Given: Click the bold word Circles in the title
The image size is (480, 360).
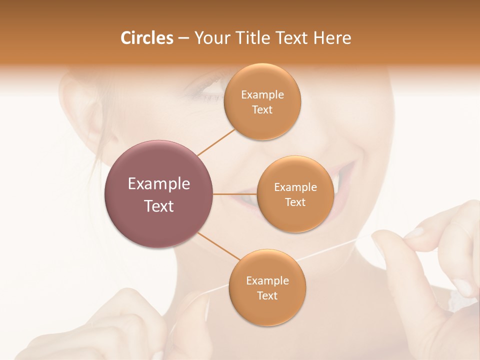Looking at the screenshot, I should click(146, 38).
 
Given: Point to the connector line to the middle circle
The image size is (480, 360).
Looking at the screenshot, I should click(235, 194).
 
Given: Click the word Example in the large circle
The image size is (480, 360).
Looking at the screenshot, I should click(158, 184).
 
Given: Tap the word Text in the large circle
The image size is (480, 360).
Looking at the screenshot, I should click(158, 206).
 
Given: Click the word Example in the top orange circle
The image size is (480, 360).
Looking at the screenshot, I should click(262, 95).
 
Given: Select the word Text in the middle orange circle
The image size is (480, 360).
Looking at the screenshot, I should click(295, 202).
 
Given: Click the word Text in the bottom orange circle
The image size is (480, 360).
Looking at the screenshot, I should click(267, 295).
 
